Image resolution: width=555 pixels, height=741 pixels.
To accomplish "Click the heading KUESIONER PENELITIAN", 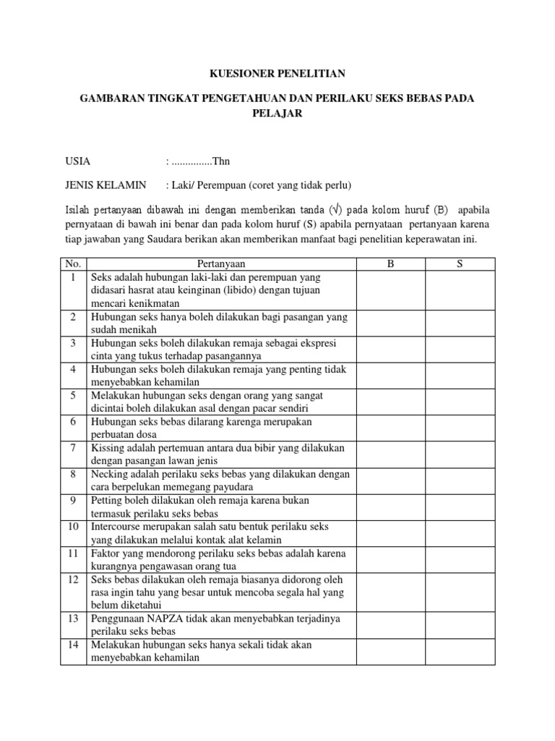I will click(277, 73).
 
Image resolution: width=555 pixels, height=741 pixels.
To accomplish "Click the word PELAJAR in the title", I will click(277, 114).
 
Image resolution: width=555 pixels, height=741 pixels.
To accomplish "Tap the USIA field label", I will click(78, 161).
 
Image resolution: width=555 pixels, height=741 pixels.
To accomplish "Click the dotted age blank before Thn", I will click(190, 161).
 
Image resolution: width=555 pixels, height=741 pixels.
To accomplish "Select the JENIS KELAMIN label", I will click(106, 185).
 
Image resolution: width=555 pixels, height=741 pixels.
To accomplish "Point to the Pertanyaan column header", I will click(220, 265).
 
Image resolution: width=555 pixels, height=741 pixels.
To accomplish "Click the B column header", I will click(391, 265).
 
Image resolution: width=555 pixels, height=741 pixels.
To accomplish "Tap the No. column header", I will click(74, 265).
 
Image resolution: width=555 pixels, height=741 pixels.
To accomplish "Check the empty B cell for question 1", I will click(391, 290).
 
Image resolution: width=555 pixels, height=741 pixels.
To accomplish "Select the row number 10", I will click(74, 526).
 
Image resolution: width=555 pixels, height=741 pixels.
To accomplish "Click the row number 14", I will click(74, 645).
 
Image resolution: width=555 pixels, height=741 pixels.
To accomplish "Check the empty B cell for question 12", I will click(391, 593).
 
